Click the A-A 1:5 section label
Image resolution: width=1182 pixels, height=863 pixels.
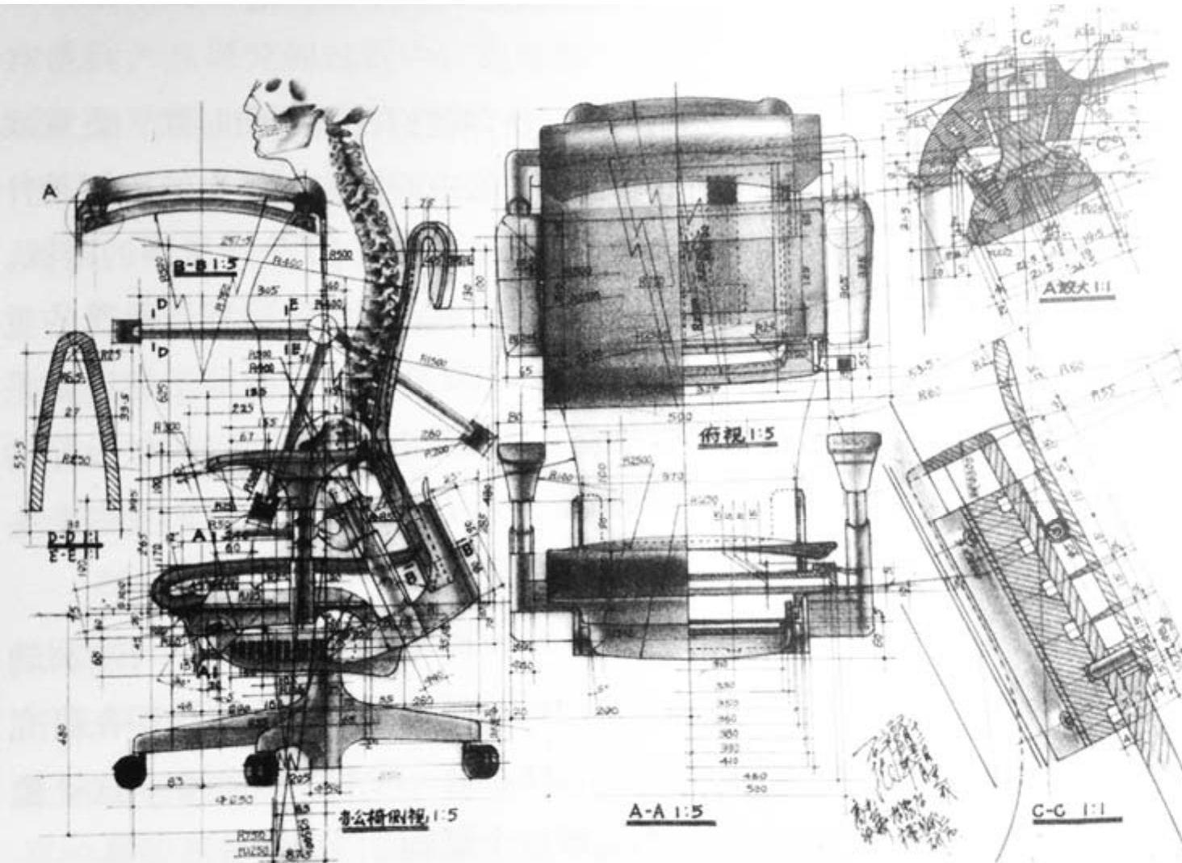click(x=671, y=813)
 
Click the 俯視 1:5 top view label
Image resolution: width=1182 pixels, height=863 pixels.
click(x=737, y=435)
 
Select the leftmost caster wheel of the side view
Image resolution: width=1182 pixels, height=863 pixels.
click(x=129, y=770)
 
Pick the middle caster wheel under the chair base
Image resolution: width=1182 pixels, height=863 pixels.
click(x=260, y=769)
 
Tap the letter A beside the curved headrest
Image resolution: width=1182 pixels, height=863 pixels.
click(x=51, y=191)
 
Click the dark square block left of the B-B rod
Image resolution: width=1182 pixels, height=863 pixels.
click(x=124, y=332)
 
